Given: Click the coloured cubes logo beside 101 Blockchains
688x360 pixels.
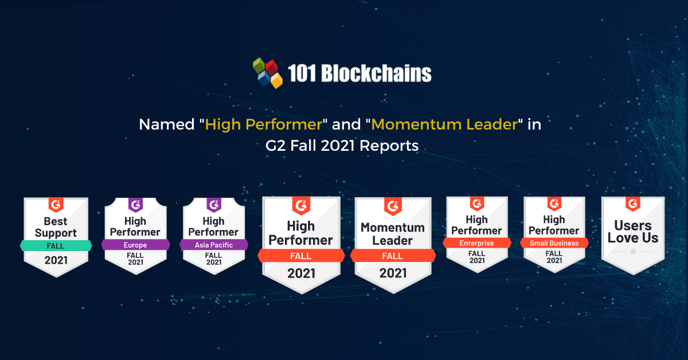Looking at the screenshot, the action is click(x=268, y=73).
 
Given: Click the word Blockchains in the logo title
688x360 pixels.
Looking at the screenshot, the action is click(x=376, y=73).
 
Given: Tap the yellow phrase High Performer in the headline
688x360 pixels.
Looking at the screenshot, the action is click(x=264, y=124).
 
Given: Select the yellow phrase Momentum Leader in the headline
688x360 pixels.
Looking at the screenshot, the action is click(x=445, y=124).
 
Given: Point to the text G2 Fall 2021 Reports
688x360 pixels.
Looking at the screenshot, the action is click(x=342, y=146).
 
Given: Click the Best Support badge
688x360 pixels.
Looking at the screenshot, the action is click(x=56, y=237).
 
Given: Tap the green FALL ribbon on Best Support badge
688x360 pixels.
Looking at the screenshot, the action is click(x=56, y=246).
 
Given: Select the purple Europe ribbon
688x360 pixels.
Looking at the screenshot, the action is click(x=135, y=245).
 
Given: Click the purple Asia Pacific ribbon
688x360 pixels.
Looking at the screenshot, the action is click(x=214, y=245).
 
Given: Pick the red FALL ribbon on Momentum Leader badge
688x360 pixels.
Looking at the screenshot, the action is click(x=393, y=256).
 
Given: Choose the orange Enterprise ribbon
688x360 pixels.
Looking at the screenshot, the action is click(x=477, y=243).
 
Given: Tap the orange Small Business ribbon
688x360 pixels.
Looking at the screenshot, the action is click(x=554, y=243).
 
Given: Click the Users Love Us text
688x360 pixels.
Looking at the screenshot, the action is click(x=633, y=232).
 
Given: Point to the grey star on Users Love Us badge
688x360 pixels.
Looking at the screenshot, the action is click(x=633, y=252).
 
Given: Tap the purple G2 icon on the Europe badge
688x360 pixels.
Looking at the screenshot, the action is click(x=135, y=205).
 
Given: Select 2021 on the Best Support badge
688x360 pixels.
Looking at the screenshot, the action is click(x=56, y=260).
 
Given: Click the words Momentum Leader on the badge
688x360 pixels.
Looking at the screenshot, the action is click(x=393, y=234).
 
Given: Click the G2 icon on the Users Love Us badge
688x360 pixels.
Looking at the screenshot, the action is click(x=633, y=204).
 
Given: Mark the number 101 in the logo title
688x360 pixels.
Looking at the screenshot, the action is click(x=302, y=73).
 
